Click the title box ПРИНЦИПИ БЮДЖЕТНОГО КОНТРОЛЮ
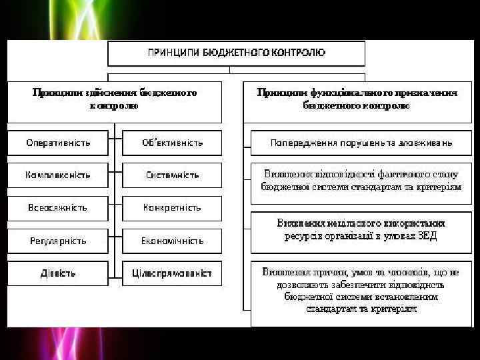[x=237, y=53]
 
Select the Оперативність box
[x=58, y=143]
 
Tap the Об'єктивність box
[x=172, y=143]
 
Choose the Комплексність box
[x=58, y=175]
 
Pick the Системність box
[x=172, y=175]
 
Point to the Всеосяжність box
[x=58, y=208]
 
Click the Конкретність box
[x=172, y=208]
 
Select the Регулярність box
[x=58, y=241]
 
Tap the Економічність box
[x=172, y=241]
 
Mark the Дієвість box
[x=58, y=273]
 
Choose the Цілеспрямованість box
[x=172, y=273]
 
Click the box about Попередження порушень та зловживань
[x=361, y=143]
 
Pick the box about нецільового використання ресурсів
[x=361, y=230]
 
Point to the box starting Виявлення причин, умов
[x=361, y=291]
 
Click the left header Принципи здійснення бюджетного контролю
[x=115, y=100]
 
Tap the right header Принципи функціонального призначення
[x=357, y=100]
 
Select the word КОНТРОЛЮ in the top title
[x=299, y=53]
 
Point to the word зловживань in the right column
[x=426, y=143]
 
